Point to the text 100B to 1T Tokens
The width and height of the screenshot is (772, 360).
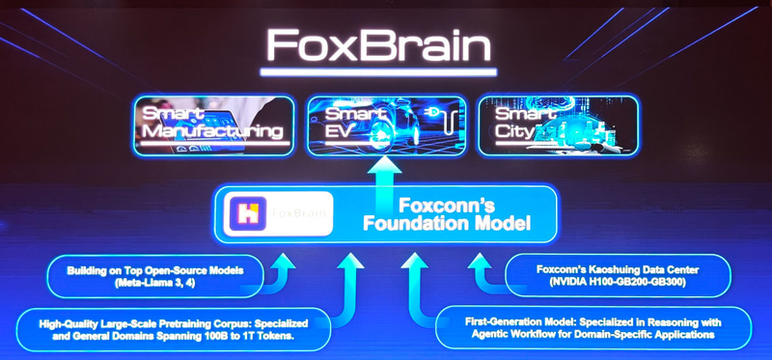[x=254, y=338]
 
